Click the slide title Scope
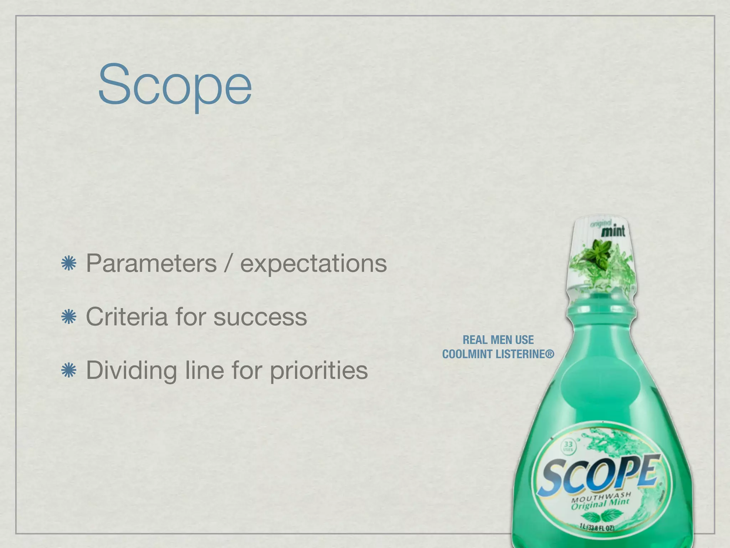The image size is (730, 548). tap(175, 86)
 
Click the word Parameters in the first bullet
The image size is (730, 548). tap(151, 264)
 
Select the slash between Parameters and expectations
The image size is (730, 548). tap(228, 264)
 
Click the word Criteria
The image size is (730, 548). tap(127, 316)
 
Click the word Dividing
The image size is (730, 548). tap(132, 370)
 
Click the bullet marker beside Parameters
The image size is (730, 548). tap(69, 264)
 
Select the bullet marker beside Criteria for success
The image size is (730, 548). tap(69, 317)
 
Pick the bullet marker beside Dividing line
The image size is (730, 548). tap(69, 370)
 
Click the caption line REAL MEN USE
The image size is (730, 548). tap(498, 340)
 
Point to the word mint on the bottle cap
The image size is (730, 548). tap(613, 231)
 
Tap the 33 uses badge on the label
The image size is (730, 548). tap(568, 446)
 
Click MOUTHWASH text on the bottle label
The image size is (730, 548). tap(601, 497)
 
